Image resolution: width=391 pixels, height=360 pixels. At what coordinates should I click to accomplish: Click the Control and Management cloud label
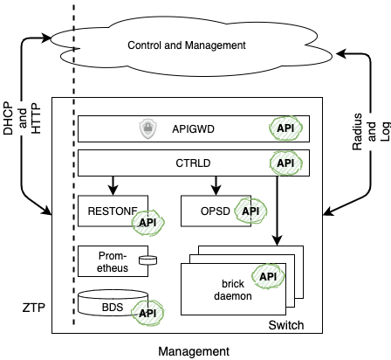click(186, 45)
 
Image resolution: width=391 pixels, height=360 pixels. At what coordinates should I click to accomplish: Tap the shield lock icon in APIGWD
click(147, 129)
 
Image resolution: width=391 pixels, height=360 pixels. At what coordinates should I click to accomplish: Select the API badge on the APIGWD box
click(284, 129)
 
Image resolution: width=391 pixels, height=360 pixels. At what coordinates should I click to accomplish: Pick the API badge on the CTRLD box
click(284, 162)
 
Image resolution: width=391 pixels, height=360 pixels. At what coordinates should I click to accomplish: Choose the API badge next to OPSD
click(250, 211)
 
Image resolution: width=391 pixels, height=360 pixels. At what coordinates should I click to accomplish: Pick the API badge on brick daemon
click(266, 277)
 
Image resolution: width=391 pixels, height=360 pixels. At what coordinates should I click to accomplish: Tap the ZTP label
click(33, 307)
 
